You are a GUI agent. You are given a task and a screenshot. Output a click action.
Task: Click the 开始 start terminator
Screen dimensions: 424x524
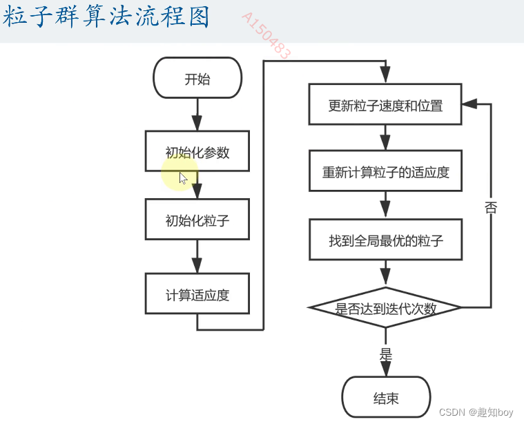click(197, 78)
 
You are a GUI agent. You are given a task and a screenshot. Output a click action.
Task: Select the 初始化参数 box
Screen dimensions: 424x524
click(197, 151)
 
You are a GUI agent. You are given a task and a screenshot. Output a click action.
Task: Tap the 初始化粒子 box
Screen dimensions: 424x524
click(197, 220)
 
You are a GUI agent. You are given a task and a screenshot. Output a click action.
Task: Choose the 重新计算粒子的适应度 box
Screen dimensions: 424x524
click(385, 171)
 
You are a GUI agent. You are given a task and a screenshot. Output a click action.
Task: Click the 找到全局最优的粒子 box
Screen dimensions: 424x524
click(385, 240)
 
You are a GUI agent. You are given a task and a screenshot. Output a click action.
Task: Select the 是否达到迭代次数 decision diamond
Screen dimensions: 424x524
click(385, 307)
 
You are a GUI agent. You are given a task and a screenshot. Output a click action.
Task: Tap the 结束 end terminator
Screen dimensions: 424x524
click(386, 397)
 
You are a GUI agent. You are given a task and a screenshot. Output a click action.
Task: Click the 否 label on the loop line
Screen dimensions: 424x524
click(491, 207)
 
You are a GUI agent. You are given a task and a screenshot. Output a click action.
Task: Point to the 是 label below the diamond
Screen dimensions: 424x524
click(385, 354)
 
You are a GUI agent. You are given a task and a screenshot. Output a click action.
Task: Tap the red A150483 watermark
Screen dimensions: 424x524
click(266, 35)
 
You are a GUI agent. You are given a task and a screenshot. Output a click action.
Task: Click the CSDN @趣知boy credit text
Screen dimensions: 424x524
click(476, 412)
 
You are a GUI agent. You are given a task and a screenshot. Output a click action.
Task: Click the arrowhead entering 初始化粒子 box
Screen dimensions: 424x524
click(197, 191)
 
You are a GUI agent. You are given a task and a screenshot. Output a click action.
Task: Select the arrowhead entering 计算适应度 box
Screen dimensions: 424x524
click(197, 265)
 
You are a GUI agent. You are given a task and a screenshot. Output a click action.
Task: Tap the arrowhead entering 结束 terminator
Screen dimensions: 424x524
click(385, 369)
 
